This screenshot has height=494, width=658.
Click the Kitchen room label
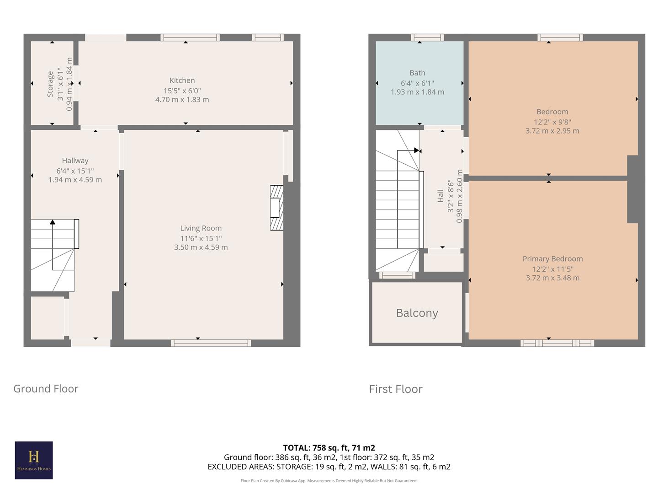(x=182, y=81)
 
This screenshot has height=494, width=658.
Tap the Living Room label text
(x=201, y=228)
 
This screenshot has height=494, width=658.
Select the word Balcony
(x=417, y=313)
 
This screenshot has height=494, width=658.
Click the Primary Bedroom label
(x=552, y=259)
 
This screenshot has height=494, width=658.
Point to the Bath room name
(x=417, y=73)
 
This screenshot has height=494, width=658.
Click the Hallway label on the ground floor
(x=75, y=161)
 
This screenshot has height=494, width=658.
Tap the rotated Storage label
(x=50, y=84)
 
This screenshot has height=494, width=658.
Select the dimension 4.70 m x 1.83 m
(x=182, y=100)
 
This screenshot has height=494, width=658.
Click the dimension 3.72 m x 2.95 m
(x=552, y=131)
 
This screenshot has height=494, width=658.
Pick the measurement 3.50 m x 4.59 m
(x=201, y=247)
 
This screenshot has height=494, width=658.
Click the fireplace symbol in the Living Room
(x=277, y=207)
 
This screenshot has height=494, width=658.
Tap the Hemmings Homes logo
(x=34, y=460)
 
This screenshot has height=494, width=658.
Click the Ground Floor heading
(x=46, y=389)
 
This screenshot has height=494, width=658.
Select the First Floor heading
(x=396, y=389)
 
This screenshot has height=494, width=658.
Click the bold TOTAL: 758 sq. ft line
(x=329, y=448)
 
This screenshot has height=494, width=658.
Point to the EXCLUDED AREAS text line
(x=329, y=467)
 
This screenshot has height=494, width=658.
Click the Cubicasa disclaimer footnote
(x=329, y=481)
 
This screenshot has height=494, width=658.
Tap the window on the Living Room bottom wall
(x=211, y=343)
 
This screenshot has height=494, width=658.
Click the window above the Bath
(x=427, y=38)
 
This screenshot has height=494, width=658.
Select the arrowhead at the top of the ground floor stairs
(x=53, y=222)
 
